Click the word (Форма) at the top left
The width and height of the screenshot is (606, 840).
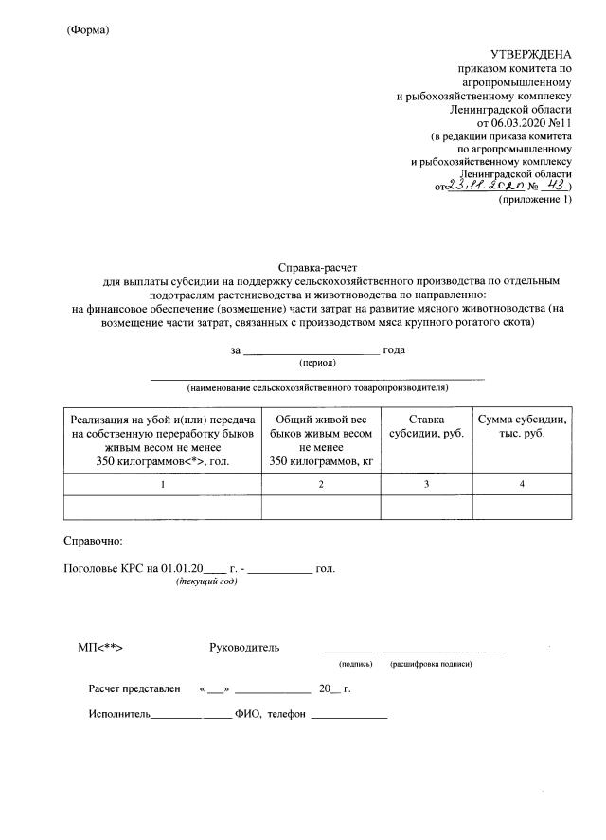click(x=88, y=30)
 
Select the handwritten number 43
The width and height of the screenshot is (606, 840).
click(x=548, y=187)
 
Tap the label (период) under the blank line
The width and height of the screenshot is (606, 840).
click(x=317, y=363)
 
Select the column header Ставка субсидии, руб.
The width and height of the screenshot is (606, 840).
click(x=426, y=425)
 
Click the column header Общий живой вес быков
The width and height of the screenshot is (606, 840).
click(x=320, y=439)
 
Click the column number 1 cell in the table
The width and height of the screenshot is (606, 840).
click(x=162, y=484)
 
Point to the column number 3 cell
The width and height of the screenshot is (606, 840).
click(x=426, y=484)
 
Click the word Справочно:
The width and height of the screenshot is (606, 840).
click(x=92, y=541)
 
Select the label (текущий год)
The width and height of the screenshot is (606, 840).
click(x=206, y=581)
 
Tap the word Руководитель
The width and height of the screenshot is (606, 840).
click(x=244, y=648)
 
